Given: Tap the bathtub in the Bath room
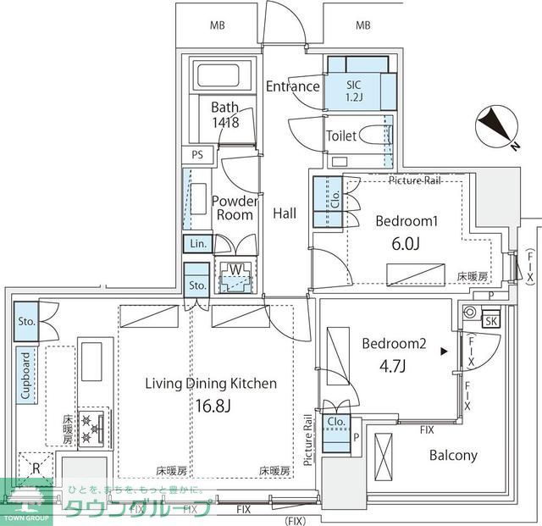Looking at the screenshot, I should pyautogui.click(x=224, y=77).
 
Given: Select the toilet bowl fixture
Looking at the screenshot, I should pyautogui.click(x=373, y=136).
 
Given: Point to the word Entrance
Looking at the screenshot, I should pyautogui.click(x=292, y=86).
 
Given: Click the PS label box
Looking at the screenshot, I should pyautogui.click(x=197, y=155).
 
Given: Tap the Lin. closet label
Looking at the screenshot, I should pyautogui.click(x=198, y=244).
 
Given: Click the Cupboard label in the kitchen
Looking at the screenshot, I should pyautogui.click(x=25, y=375).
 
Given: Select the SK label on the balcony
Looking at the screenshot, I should pyautogui.click(x=490, y=320).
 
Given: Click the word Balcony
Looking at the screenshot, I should pyautogui.click(x=453, y=456).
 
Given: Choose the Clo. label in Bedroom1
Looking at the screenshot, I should pyautogui.click(x=335, y=201).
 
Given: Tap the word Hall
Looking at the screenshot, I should pyautogui.click(x=285, y=214).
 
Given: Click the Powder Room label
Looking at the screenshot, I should pyautogui.click(x=234, y=208).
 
